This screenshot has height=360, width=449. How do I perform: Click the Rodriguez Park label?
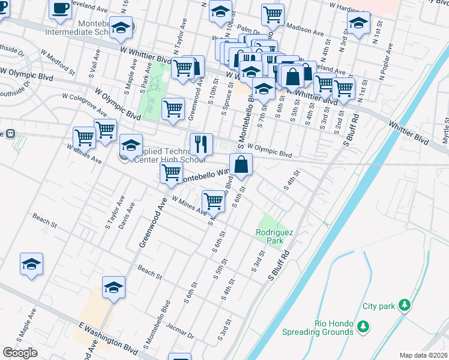[x=269, y=236]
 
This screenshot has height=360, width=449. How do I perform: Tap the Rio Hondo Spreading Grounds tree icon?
[x=363, y=327]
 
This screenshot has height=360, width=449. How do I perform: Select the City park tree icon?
[x=405, y=305]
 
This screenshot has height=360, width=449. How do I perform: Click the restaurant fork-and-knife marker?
[x=201, y=145]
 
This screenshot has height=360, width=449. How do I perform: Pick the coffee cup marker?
[x=60, y=8]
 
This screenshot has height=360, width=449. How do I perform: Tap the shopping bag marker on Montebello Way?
[x=241, y=164]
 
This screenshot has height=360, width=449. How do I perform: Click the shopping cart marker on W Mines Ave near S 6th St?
[x=213, y=201]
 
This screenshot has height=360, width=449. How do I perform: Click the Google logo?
[x=20, y=353]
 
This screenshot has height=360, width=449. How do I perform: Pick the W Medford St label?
[x=58, y=62]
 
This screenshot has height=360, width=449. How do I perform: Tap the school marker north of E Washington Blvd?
[x=113, y=287]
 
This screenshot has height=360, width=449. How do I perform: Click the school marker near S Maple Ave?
[x=31, y=263]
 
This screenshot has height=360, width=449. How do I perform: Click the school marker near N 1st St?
[x=359, y=25]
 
